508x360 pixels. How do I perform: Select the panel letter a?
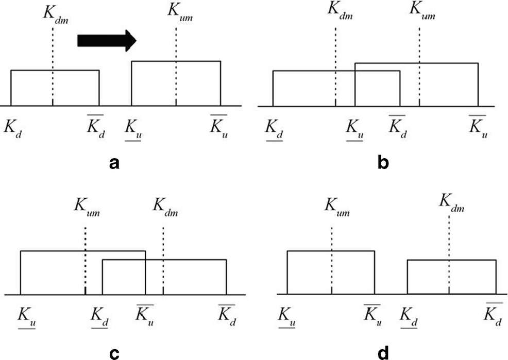click(x=114, y=164)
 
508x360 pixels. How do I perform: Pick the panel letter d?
click(x=383, y=353)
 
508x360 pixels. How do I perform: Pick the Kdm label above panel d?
click(x=450, y=200)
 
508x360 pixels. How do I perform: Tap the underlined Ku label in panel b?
click(x=354, y=128)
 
